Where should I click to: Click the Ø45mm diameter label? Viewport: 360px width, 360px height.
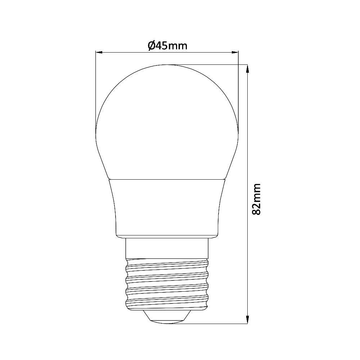[x=167, y=46]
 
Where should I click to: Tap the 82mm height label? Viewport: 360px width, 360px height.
[x=256, y=199]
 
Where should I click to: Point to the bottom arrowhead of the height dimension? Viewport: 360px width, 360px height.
[x=247, y=320]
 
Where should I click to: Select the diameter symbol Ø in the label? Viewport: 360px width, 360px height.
[x=151, y=46]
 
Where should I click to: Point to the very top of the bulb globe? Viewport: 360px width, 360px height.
[x=167, y=65]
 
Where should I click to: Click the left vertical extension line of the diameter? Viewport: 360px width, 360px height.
[x=95, y=90]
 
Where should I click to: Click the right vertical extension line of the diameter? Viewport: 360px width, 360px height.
[x=238, y=90]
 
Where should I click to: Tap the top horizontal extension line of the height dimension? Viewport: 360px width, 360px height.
[x=216, y=64]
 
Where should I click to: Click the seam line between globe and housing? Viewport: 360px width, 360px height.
[x=167, y=179]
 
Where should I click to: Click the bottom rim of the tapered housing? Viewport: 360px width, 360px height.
[x=167, y=237]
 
